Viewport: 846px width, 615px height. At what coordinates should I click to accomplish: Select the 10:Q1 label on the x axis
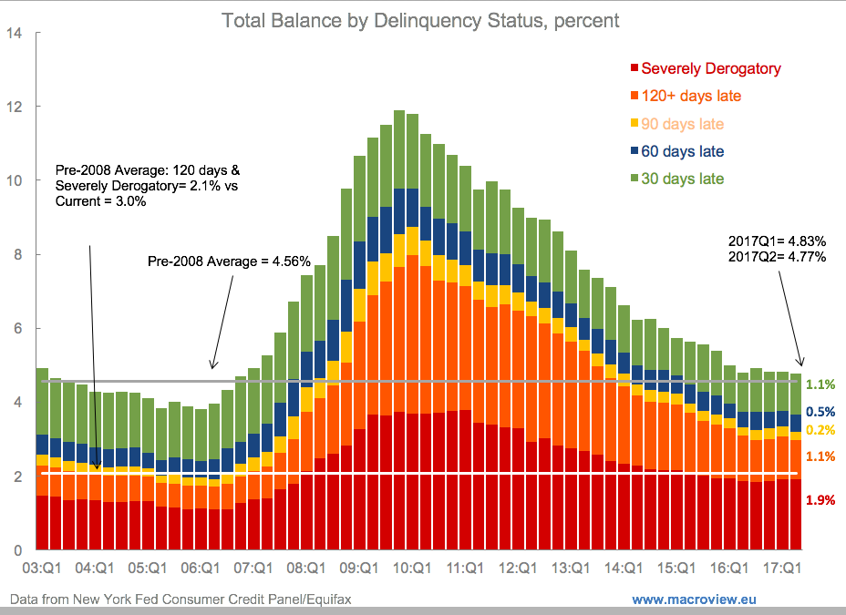click(x=412, y=568)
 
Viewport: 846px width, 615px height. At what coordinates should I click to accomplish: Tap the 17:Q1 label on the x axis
click(x=782, y=568)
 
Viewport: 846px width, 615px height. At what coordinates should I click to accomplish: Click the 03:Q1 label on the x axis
click(x=41, y=568)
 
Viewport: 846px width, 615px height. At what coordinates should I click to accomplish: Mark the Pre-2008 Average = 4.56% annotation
click(x=229, y=261)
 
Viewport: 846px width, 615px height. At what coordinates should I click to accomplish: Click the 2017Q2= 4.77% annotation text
click(x=777, y=257)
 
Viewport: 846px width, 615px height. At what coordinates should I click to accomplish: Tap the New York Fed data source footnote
click(x=181, y=599)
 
